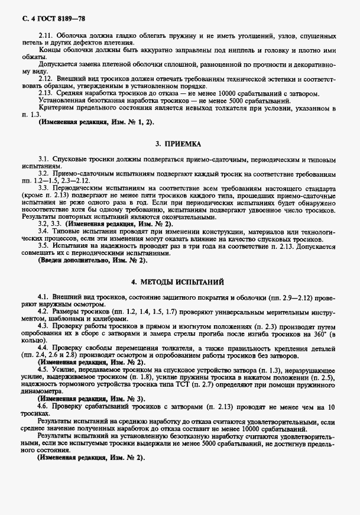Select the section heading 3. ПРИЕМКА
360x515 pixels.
[x=179, y=144]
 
